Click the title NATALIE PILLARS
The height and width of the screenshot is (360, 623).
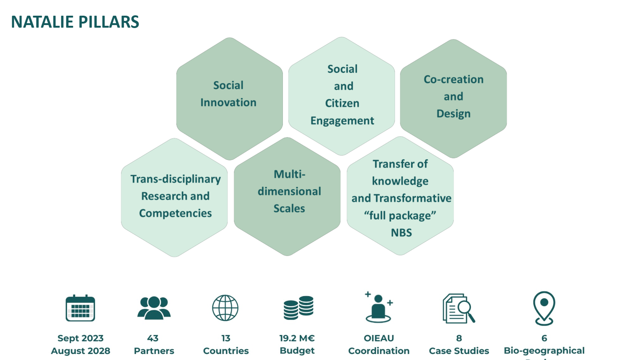[x=75, y=22]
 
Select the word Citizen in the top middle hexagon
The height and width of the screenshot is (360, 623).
[x=342, y=103]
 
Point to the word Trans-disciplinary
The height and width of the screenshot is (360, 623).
[x=175, y=179]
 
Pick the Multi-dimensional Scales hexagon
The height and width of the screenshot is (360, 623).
[x=288, y=194]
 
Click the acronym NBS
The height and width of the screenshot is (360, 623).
[x=401, y=233]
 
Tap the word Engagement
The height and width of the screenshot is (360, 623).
[x=342, y=121]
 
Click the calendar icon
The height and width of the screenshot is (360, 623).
[x=80, y=308]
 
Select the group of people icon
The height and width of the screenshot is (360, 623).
[x=154, y=308]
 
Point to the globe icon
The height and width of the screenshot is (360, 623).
[x=225, y=308]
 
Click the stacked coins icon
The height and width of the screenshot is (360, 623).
[x=298, y=308]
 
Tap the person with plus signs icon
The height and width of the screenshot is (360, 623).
[x=379, y=308]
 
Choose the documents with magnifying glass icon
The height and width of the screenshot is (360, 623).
[x=459, y=308]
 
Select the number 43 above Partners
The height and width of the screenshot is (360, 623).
[x=153, y=338]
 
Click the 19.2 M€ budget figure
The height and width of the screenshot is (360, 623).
[x=297, y=338]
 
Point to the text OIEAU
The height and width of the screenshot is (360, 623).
[x=379, y=338]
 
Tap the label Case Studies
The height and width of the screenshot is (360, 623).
[x=459, y=351]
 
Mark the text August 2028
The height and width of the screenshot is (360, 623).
[x=80, y=351]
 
